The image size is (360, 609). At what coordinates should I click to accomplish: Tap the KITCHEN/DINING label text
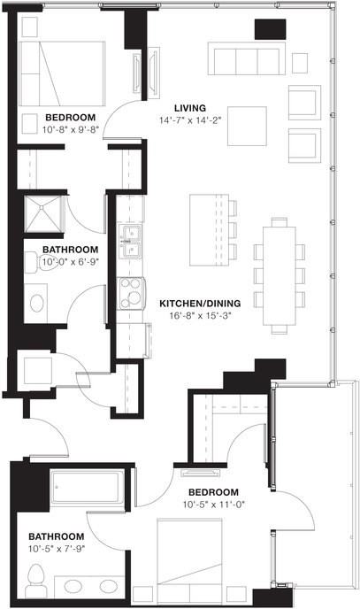[x=201, y=303]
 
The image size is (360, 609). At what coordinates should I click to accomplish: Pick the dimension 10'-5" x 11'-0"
[x=213, y=505]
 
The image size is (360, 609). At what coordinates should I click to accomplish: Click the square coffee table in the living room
[x=248, y=126]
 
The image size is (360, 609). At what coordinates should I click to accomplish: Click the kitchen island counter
[x=209, y=228]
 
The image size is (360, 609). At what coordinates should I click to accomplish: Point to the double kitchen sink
[x=132, y=241]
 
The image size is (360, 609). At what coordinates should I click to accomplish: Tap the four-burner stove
[x=132, y=293]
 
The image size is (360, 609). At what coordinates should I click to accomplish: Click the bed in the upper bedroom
[x=63, y=74]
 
